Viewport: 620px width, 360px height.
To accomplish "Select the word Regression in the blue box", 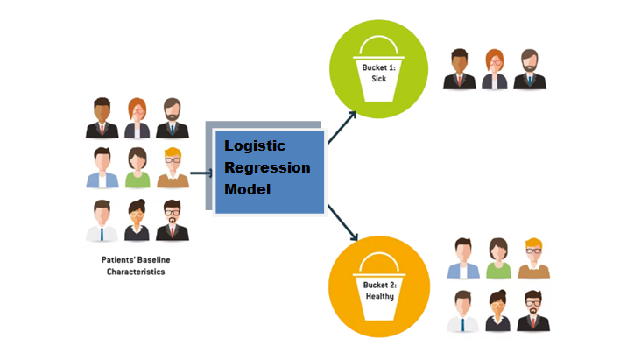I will pos(267,167).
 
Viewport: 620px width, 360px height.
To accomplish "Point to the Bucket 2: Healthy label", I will pos(378,291).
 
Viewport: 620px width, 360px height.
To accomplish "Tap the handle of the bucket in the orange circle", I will pos(378,260).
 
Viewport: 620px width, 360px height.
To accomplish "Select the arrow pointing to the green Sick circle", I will pos(342,127).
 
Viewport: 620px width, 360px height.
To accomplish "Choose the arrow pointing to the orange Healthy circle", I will pos(343,222).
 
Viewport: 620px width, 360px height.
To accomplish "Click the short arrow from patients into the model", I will pos(201,173).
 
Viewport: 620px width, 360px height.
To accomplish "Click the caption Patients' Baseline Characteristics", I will pos(137,265).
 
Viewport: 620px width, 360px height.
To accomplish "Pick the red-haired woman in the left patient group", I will pos(137,118).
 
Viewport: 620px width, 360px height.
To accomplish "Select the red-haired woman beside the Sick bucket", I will pos(494,69).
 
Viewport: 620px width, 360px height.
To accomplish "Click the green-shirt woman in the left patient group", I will pos(137,168).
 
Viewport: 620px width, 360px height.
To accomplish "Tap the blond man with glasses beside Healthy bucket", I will pos(533,258).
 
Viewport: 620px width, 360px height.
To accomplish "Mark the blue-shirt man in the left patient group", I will pos(102,168).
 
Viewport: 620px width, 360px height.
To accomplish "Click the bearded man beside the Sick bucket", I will pos(529,69).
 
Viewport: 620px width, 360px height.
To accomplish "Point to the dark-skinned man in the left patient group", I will pos(102,118).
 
